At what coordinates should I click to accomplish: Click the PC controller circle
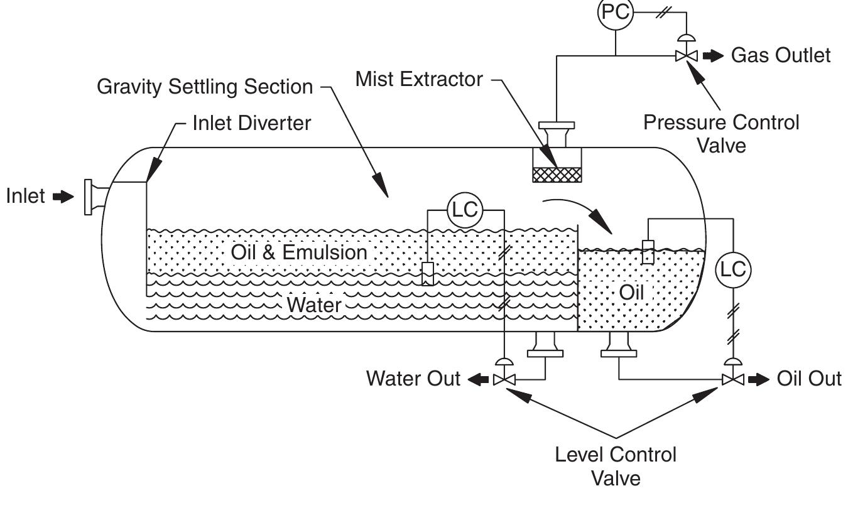pyautogui.click(x=615, y=13)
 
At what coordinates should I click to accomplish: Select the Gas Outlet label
pyautogui.click(x=781, y=55)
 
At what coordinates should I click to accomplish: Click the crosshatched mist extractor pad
pyautogui.click(x=556, y=174)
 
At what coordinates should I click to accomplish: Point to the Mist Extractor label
pyautogui.click(x=419, y=79)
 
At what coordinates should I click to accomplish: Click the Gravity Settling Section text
pyautogui.click(x=205, y=87)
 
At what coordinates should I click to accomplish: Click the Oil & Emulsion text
pyautogui.click(x=298, y=252)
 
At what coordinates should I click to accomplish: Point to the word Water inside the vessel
pyautogui.click(x=313, y=305)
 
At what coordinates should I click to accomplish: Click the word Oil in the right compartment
pyautogui.click(x=631, y=293)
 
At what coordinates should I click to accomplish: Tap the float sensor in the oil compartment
pyautogui.click(x=648, y=252)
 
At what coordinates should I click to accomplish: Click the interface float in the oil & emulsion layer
pyautogui.click(x=428, y=274)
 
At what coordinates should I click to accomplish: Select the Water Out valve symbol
pyautogui.click(x=504, y=379)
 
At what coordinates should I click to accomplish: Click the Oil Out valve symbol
pyautogui.click(x=732, y=379)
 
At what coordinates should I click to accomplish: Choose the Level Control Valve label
pyautogui.click(x=616, y=466)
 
